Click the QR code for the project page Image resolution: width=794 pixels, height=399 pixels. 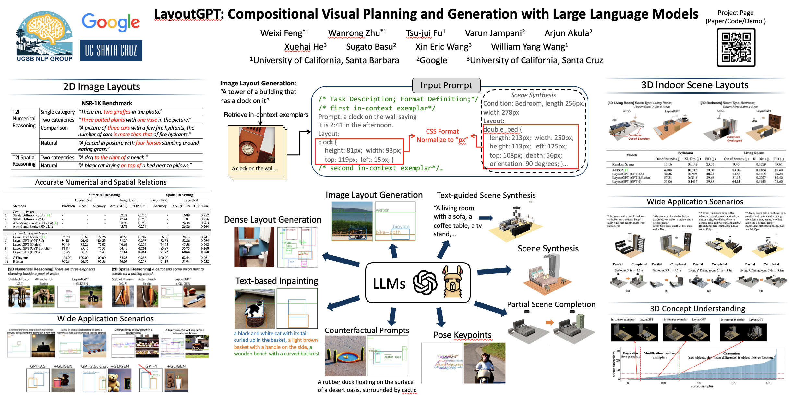pos(736,47)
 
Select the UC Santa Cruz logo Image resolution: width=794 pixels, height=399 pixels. pos(111,50)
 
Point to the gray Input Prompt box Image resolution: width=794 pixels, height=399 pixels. pos(446,85)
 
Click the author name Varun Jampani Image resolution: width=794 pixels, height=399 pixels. pos(495,33)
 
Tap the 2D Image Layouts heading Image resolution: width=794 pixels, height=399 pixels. pos(102,87)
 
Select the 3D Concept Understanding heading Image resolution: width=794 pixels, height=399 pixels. pos(697,309)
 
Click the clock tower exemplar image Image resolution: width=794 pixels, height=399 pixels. pos(257,145)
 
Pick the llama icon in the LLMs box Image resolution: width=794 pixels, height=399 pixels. pos(453,281)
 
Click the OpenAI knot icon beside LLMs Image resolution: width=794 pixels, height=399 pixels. pos(425,283)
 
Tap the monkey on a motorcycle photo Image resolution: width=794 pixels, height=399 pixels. pos(485,363)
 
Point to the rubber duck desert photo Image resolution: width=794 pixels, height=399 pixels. pos(345,355)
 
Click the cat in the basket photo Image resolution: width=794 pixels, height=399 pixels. pos(254,308)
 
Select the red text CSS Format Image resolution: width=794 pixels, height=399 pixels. pos(442,131)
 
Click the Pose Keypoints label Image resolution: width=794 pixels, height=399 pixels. pos(462,335)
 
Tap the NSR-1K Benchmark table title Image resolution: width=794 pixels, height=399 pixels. pos(107,103)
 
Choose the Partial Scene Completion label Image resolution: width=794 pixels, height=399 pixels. pos(551,304)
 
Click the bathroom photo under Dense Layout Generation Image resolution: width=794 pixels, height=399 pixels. pos(254,247)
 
